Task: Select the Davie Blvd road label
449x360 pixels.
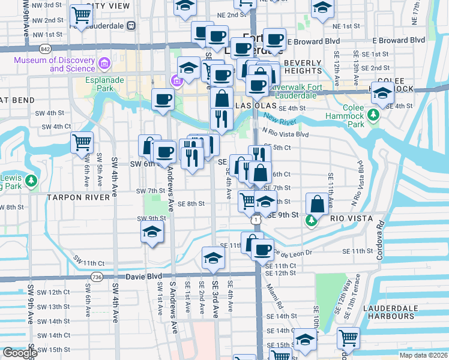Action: [144, 277]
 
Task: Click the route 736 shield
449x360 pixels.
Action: [96, 275]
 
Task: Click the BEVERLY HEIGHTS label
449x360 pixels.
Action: [307, 67]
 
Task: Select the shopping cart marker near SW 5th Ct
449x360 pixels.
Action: [82, 143]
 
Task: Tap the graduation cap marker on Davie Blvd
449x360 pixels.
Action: [212, 257]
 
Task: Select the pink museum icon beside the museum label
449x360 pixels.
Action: [105, 63]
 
